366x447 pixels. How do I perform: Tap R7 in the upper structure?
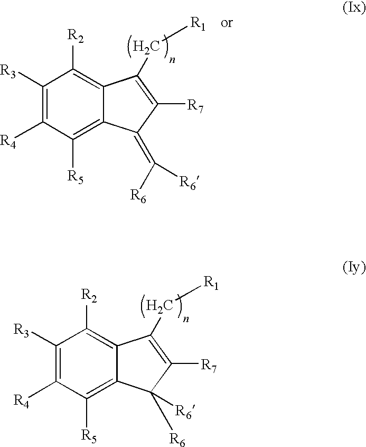pos(195,106)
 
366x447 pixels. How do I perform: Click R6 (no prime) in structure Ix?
pos(138,196)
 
